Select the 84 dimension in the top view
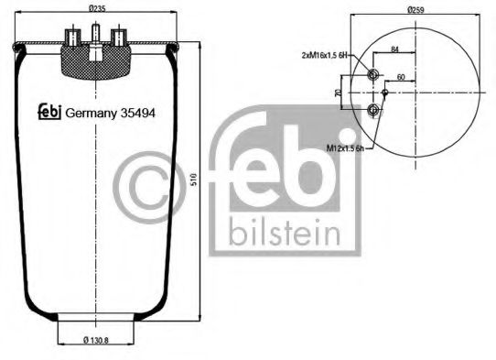(x=395, y=49)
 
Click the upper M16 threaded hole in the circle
(x=373, y=75)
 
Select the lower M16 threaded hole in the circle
(x=373, y=110)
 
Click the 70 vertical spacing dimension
(x=339, y=93)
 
